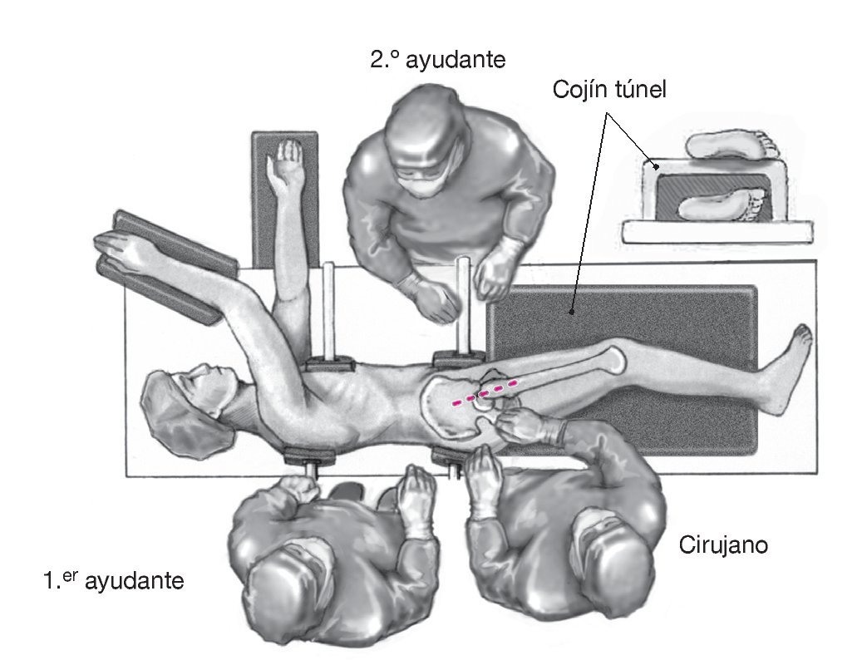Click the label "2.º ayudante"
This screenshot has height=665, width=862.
pos(438,61)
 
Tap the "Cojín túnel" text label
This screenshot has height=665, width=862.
pos(609,90)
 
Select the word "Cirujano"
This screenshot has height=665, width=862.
pos(722,545)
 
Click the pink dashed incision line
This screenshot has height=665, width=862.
pos(485,392)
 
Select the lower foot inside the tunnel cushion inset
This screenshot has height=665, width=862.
pos(721,204)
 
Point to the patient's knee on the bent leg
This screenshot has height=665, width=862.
pos(617,358)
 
